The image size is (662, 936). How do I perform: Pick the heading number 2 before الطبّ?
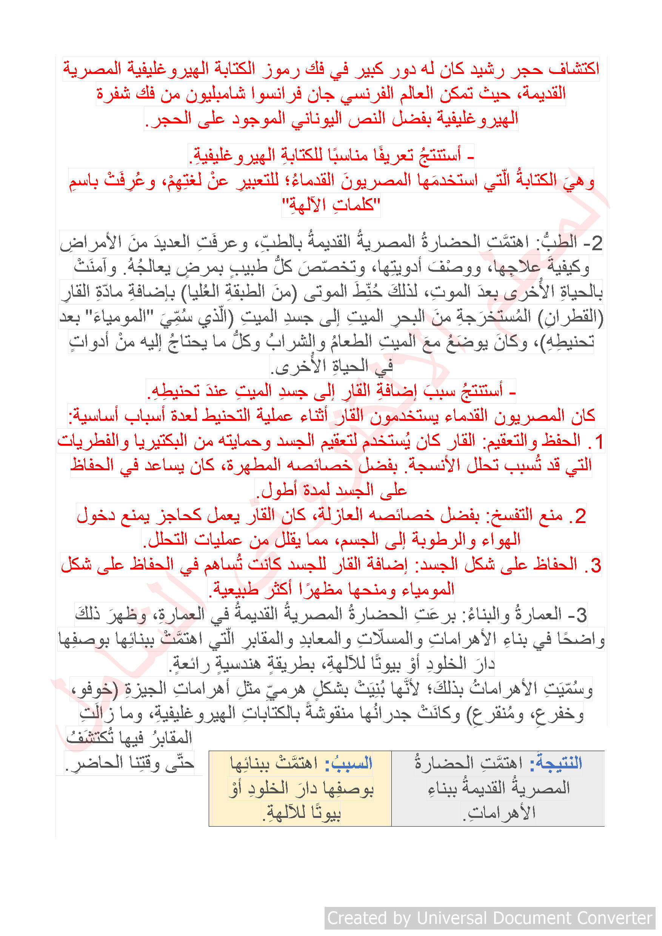(596, 243)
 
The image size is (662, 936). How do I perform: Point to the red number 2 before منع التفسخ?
(580, 516)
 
